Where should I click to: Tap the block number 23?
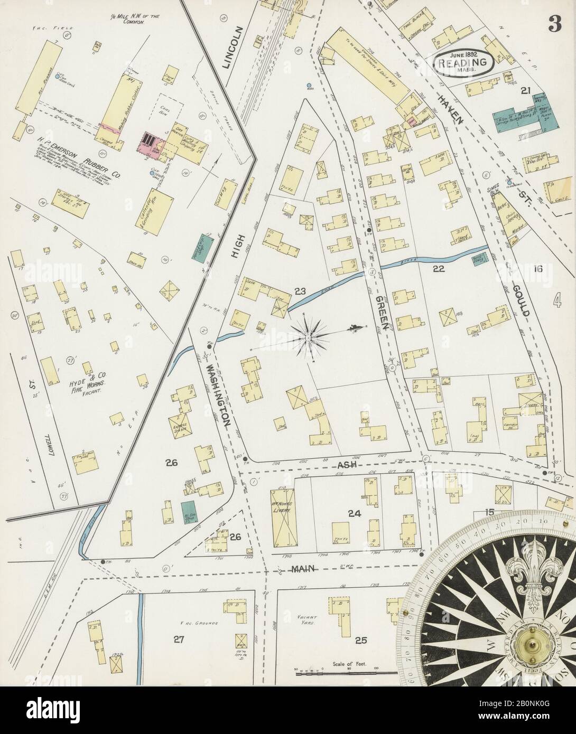[x=300, y=290]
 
